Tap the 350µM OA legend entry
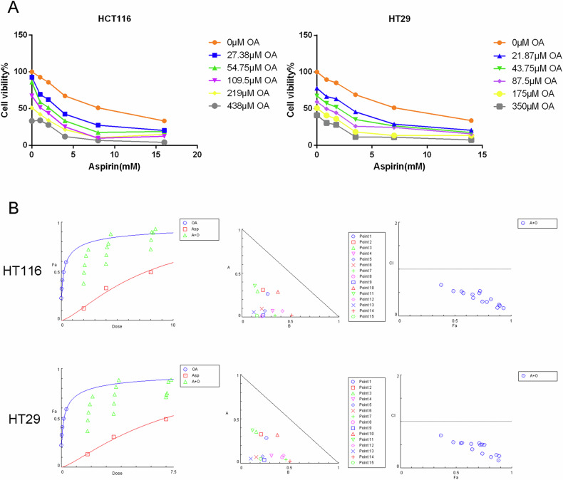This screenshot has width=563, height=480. point(525,106)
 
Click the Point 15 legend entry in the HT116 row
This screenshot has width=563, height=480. point(367,316)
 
